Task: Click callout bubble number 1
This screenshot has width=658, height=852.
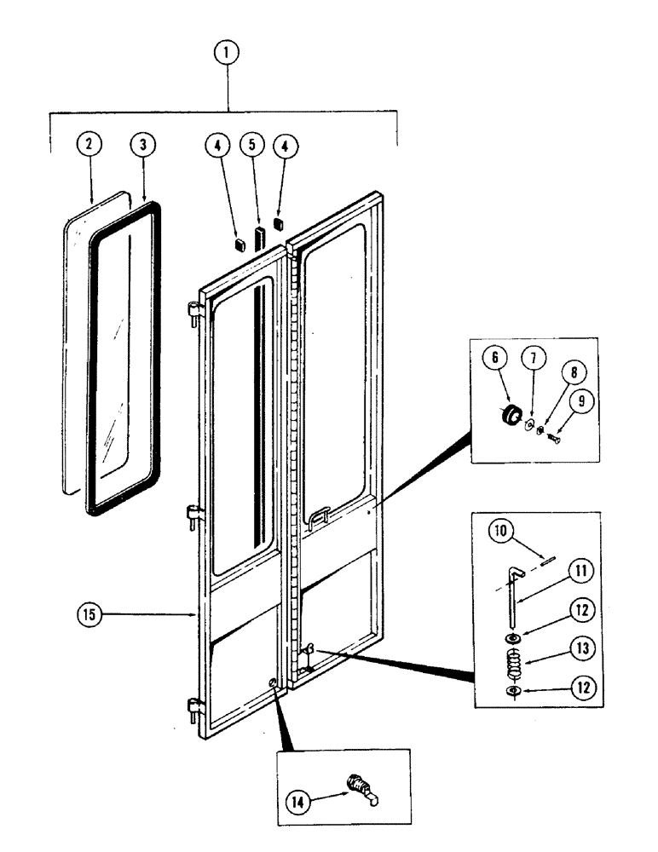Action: click(227, 53)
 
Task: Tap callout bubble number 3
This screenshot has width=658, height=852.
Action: click(142, 145)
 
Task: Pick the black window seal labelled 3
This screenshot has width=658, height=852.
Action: click(91, 358)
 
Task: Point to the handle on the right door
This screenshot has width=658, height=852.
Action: click(321, 514)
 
